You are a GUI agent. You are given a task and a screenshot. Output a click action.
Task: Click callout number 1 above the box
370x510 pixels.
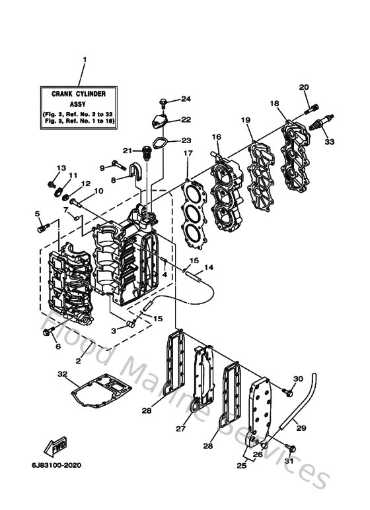[x=84, y=59]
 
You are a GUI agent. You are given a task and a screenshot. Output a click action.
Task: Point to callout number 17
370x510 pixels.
[x=188, y=154]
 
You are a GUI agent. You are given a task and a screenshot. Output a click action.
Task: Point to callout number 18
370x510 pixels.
[x=274, y=103]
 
